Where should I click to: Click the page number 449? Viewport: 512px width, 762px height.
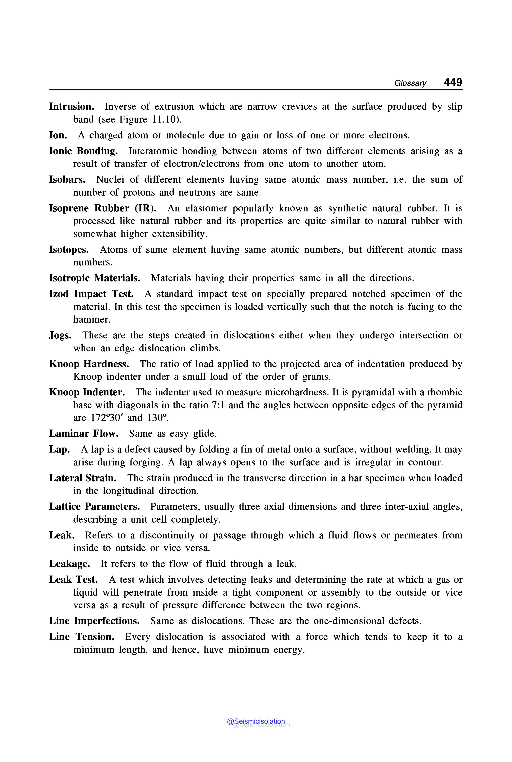tap(453, 82)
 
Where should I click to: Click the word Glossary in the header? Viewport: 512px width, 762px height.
tap(410, 83)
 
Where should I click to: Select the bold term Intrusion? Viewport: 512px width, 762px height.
tap(72, 107)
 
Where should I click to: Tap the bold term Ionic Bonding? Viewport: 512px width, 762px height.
tap(83, 151)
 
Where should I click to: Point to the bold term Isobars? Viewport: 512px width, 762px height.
tap(67, 179)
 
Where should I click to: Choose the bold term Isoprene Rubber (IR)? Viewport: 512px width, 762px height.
tap(103, 208)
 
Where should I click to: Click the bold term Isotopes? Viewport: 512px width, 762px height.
tap(69, 250)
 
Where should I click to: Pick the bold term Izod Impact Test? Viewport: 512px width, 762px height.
tap(91, 294)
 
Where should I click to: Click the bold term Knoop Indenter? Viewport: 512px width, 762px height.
tap(87, 392)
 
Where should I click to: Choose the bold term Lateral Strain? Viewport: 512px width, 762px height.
tap(83, 478)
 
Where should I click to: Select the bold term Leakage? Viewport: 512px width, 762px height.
tap(69, 564)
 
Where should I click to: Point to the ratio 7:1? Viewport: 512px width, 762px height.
tap(218, 405)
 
